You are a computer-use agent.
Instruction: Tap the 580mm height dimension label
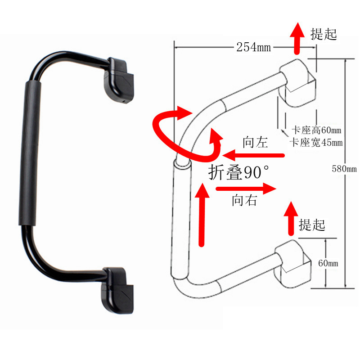click(344, 169)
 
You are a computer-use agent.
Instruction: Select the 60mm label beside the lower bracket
click(328, 263)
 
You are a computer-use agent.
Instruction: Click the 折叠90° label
click(239, 172)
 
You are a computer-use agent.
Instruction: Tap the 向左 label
click(255, 143)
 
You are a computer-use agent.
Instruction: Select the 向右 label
click(245, 200)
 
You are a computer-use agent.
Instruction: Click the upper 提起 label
click(324, 34)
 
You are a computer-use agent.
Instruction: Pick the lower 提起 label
click(312, 224)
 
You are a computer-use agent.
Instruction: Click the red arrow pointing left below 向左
click(254, 156)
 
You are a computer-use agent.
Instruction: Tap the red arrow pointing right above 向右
click(245, 189)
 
